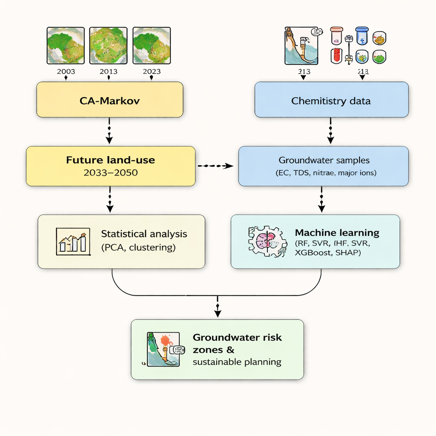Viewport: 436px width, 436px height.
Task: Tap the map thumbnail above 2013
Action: pos(108,46)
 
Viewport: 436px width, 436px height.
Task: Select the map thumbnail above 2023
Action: pos(152,46)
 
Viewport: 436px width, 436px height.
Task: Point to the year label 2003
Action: pos(66,72)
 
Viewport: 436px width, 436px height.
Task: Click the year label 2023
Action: pos(152,72)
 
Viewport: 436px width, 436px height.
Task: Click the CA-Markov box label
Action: pos(110,101)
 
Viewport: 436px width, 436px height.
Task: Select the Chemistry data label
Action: pos(331,101)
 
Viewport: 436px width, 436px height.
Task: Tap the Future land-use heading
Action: pos(111,161)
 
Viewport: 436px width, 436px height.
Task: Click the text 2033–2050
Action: pos(111,173)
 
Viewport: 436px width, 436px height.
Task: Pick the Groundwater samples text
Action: pos(324,161)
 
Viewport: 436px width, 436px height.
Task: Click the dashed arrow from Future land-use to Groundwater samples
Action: pos(216,166)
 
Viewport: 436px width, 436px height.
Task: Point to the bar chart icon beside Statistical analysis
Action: pos(73,241)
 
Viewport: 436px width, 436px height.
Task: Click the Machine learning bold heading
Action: pos(337,233)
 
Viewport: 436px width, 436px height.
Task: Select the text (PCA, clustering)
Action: pos(138,247)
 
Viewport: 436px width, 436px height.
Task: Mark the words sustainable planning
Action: pos(237,362)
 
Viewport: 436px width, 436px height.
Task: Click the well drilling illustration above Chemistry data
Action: pos(301,46)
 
